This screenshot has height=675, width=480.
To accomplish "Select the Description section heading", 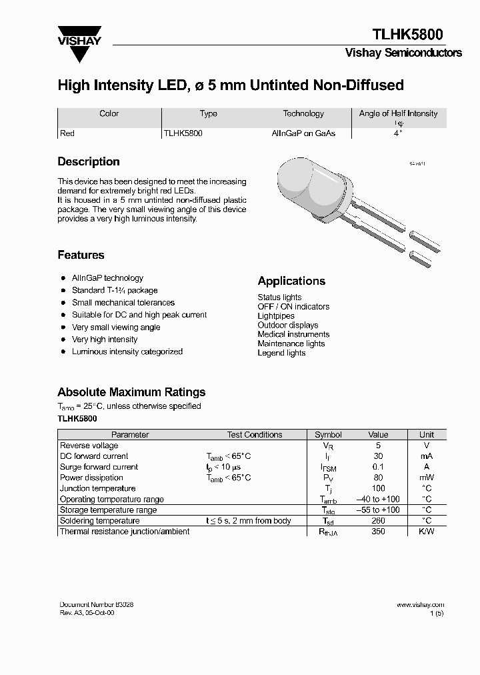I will [x=89, y=162].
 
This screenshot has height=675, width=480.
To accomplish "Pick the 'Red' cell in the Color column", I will [x=67, y=133].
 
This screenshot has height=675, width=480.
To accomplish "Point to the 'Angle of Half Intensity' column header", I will [x=398, y=114].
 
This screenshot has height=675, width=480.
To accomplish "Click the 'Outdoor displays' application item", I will [x=288, y=325].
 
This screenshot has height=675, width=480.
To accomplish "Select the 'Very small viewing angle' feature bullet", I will [x=116, y=327].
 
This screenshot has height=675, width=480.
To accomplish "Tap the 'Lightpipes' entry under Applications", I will [x=276, y=316].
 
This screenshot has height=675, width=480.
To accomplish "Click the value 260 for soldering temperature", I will [x=378, y=521].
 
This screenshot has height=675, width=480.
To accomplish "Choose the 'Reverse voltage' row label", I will [x=89, y=446].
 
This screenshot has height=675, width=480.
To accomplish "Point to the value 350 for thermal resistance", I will [x=378, y=532].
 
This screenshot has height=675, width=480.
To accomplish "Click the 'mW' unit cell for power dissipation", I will [x=426, y=478].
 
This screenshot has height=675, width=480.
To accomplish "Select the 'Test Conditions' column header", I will [x=255, y=435].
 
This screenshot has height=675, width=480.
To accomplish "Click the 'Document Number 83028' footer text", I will [x=97, y=604].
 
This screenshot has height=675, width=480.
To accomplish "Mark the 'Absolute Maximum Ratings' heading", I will [x=131, y=392].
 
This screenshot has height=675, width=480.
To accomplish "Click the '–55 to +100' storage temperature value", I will [x=378, y=510].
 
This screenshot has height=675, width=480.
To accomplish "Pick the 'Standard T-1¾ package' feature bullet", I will [x=115, y=291].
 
